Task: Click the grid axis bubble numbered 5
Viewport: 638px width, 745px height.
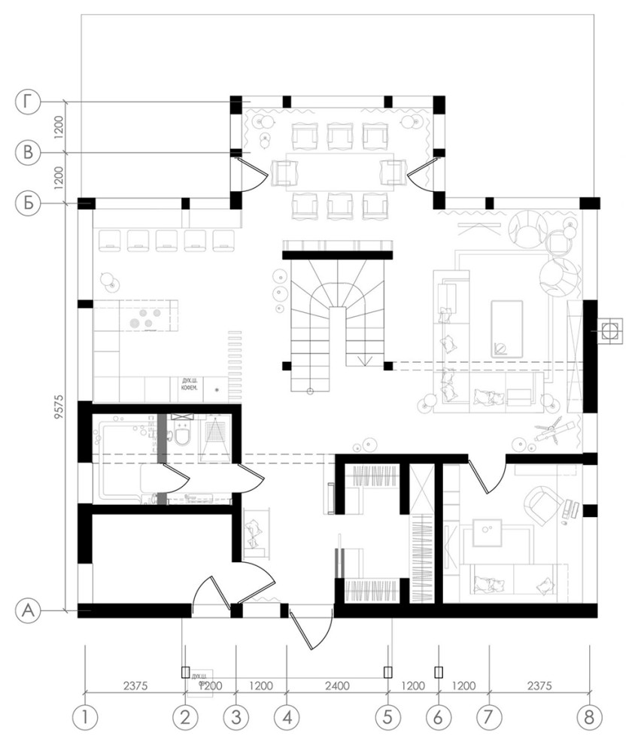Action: (x=388, y=718)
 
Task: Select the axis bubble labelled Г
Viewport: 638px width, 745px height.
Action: (x=28, y=102)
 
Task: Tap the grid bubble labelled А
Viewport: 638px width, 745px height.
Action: (x=28, y=610)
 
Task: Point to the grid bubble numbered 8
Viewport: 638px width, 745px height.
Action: (x=590, y=718)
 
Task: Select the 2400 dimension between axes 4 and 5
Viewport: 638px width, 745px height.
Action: (x=337, y=686)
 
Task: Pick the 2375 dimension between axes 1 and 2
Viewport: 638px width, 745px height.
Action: (x=135, y=686)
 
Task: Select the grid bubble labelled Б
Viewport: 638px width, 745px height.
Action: (x=28, y=202)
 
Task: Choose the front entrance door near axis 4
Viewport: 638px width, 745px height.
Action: (x=308, y=629)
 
